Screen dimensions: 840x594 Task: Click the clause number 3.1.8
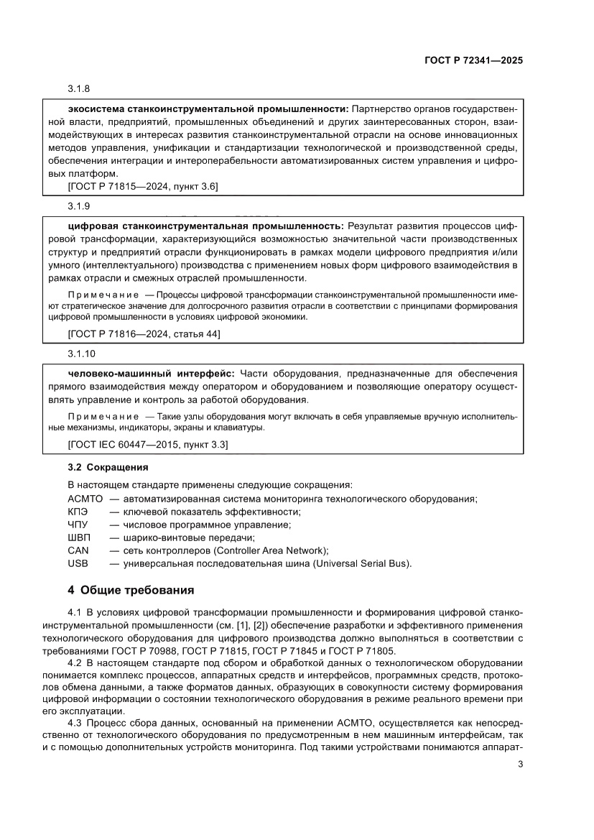point(79,89)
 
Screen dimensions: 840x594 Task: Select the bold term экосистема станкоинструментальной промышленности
point(208,109)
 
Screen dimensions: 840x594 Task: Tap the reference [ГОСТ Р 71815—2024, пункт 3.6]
point(142,187)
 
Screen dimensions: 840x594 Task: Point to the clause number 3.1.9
point(79,206)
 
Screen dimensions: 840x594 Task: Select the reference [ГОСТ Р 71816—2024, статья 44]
point(144,334)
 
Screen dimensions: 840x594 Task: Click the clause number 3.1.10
point(81,354)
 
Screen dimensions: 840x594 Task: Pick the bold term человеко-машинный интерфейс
point(151,374)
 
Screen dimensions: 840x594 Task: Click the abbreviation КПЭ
point(78,512)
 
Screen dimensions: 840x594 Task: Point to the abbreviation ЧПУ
point(78,525)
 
